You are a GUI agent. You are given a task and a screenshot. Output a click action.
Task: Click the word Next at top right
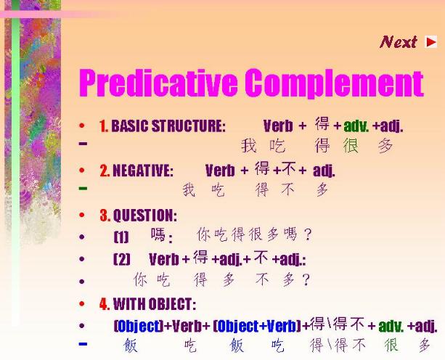(398, 42)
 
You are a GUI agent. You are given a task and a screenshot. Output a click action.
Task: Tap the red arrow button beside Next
(430, 42)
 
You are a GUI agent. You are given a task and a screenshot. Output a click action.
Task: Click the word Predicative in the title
(158, 83)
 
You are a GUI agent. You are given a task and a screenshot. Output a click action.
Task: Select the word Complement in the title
(335, 83)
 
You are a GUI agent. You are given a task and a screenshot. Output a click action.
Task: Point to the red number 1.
(104, 126)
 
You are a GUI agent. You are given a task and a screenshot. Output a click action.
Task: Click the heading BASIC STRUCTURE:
(168, 126)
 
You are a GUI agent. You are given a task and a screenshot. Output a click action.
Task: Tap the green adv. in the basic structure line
(356, 126)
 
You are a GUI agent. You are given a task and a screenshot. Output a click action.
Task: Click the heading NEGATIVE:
(143, 171)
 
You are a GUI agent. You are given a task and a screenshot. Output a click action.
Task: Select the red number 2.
(105, 171)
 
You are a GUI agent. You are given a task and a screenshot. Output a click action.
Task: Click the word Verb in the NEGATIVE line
(220, 171)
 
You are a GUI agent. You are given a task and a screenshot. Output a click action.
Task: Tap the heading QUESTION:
(145, 216)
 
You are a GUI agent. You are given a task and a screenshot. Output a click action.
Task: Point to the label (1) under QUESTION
(121, 237)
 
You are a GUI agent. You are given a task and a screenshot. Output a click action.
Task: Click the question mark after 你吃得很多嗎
(307, 234)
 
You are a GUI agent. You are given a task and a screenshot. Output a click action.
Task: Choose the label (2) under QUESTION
(122, 258)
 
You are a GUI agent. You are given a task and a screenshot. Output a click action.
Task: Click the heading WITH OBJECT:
(155, 304)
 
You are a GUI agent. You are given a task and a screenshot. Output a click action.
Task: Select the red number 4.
(105, 304)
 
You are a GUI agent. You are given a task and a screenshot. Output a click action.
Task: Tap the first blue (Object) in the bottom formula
(139, 326)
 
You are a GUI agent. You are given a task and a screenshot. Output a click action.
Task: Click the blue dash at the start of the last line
(83, 344)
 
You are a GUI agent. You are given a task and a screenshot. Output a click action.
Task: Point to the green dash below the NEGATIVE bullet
(83, 188)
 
